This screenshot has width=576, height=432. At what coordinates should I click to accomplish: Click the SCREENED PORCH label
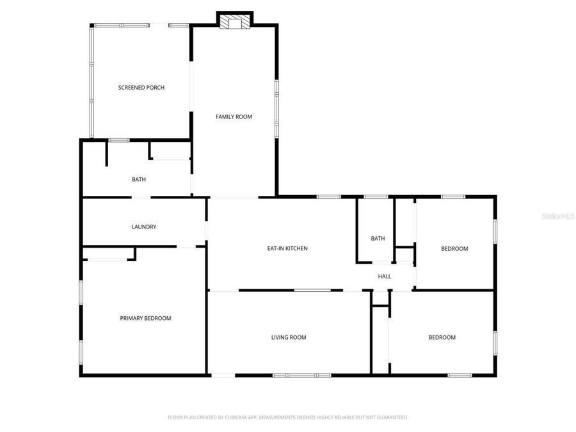tap(141, 87)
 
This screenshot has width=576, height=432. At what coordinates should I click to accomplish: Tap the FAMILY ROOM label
tap(234, 116)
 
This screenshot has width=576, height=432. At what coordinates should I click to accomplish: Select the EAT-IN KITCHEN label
tap(287, 248)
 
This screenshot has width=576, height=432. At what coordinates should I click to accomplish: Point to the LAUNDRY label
tap(144, 227)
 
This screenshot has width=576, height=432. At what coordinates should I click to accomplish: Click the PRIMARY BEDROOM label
tap(146, 318)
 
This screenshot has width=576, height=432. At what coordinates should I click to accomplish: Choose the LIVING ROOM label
tap(289, 337)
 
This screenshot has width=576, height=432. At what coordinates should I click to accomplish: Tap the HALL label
tap(385, 276)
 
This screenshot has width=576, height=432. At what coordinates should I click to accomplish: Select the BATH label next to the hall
tap(378, 239)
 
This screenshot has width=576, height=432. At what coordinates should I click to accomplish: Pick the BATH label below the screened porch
tap(139, 179)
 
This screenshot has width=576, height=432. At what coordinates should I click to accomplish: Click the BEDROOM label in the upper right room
tap(454, 249)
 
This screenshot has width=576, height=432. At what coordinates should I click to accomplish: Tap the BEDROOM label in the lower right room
tap(442, 337)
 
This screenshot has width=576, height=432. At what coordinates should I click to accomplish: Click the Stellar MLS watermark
tap(558, 216)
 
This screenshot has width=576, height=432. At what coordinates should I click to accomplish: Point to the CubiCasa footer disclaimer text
tap(288, 417)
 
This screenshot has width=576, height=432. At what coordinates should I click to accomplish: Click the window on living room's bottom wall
tap(301, 375)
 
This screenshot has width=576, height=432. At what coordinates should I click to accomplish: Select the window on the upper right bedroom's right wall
tap(495, 231)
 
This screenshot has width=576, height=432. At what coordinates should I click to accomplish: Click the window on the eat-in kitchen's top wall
tap(329, 196)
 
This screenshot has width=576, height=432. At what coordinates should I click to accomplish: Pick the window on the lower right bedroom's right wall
tap(495, 342)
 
